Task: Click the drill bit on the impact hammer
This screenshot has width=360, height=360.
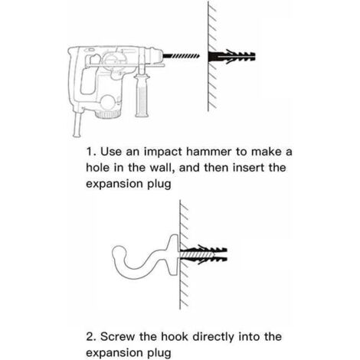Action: (x=181, y=56)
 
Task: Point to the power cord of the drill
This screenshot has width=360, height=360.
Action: (x=77, y=125)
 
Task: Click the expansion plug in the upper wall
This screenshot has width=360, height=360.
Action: (x=231, y=57)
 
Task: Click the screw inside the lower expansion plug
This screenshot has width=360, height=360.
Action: (x=197, y=255)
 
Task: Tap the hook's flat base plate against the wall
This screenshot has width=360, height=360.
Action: (x=173, y=255)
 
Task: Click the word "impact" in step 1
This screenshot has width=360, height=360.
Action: (x=162, y=152)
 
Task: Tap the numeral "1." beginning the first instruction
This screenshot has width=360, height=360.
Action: (x=91, y=152)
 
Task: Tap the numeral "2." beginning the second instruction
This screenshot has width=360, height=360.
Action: (x=91, y=337)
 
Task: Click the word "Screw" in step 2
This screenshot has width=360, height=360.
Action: (x=117, y=337)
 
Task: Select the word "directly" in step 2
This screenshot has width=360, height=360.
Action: (x=213, y=337)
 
